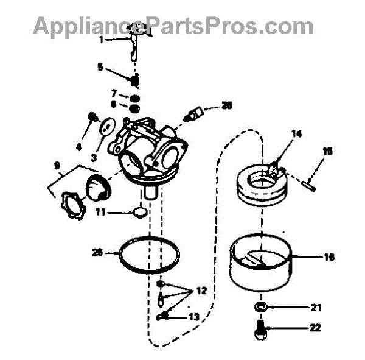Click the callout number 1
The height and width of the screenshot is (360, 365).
pyautogui.click(x=102, y=40)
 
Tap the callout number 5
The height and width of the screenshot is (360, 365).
pyautogui.click(x=100, y=68)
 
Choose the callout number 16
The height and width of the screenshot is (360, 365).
pyautogui.click(x=329, y=257)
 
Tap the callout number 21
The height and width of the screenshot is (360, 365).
pyautogui.click(x=316, y=307)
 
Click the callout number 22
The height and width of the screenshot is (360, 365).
pyautogui.click(x=315, y=328)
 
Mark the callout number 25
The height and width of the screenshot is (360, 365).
pyautogui.click(x=97, y=252)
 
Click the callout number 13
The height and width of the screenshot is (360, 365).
pyautogui.click(x=194, y=317)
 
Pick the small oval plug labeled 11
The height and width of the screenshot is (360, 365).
pyautogui.click(x=139, y=213)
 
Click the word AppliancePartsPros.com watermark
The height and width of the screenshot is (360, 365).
pyautogui.click(x=173, y=26)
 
